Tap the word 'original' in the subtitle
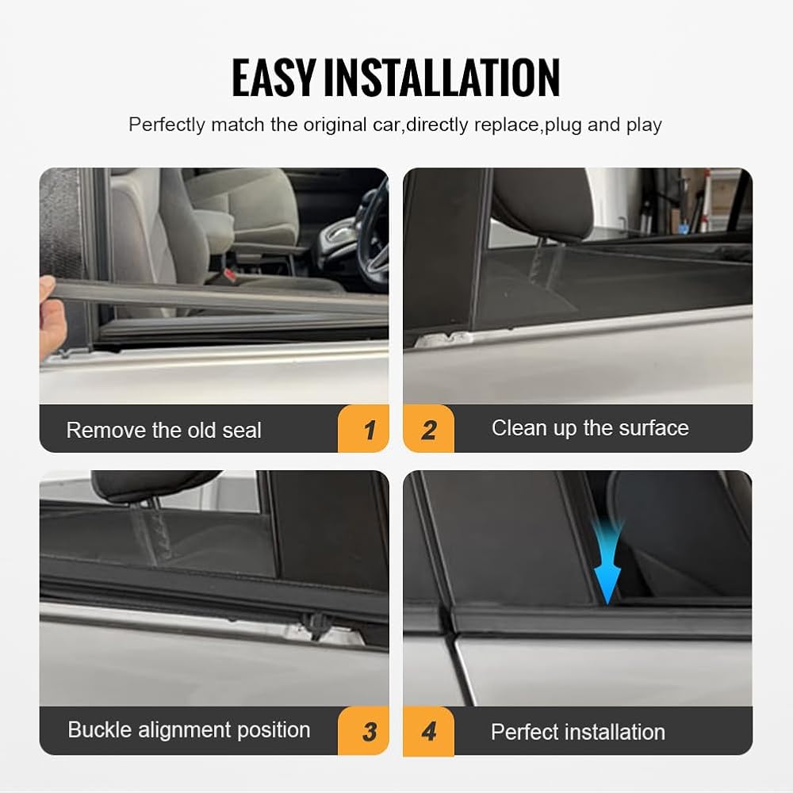tap(335, 125)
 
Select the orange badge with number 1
tap(363, 428)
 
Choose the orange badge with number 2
tap(428, 428)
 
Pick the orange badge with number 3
tap(363, 731)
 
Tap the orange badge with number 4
tap(428, 731)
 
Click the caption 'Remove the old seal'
tap(164, 431)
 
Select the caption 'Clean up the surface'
tap(590, 428)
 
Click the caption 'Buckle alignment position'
tap(189, 730)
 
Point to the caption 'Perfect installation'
tap(578, 732)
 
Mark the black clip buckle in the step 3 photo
tap(315, 626)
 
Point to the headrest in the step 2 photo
tap(542, 202)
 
